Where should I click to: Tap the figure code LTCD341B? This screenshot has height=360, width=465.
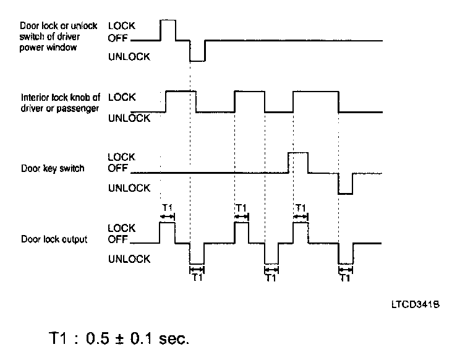point(415,306)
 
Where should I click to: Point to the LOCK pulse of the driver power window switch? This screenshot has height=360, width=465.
point(168,30)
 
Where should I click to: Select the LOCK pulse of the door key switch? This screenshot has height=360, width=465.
point(298,162)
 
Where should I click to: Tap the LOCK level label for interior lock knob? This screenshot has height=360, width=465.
point(121,97)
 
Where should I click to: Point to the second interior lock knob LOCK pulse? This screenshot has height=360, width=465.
point(249,101)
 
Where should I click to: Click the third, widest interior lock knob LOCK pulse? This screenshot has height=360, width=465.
point(315,101)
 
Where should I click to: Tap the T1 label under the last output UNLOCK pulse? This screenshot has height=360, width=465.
point(346,278)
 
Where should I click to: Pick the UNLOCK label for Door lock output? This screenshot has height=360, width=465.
point(129,259)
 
